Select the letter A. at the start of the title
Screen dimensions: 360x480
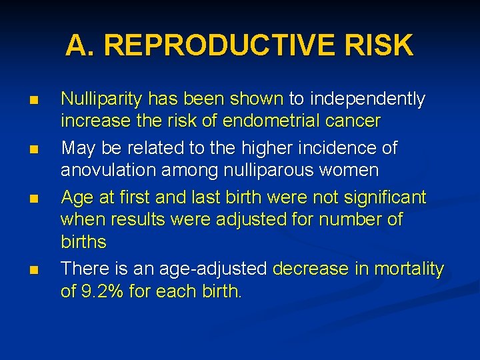81,45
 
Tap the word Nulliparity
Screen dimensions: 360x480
101,99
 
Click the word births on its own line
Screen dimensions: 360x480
83,241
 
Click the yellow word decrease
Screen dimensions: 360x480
311,269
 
